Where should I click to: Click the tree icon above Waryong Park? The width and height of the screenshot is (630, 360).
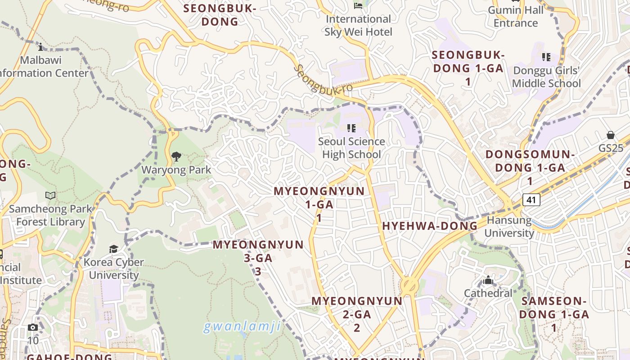coord(176,157)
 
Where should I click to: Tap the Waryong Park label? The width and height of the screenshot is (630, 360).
coord(176,170)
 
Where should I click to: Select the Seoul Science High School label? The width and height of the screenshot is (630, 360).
coord(351,148)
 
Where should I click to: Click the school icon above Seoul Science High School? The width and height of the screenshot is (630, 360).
coord(351,129)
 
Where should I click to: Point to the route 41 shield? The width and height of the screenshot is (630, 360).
coord(531,199)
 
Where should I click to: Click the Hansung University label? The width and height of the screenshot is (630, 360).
coord(509,227)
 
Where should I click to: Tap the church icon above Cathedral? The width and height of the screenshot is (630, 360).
coord(488,280)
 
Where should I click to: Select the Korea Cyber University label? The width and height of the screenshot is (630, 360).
coord(114,269)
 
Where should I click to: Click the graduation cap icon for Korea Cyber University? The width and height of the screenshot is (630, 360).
coord(114,249)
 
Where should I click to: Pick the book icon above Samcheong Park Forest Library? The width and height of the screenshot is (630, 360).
coord(50,196)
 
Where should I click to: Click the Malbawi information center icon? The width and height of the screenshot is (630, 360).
coord(40,47)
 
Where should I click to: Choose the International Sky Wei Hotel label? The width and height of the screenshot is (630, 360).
coord(358,25)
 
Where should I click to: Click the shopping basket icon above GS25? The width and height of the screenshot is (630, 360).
coord(611,135)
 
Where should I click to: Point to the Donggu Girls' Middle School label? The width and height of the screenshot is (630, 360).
coord(546,77)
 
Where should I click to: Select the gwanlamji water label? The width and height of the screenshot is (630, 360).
coord(242,326)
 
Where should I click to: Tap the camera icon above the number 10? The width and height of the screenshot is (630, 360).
coord(33,327)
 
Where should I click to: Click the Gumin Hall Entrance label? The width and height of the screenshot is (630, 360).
coord(516,17)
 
